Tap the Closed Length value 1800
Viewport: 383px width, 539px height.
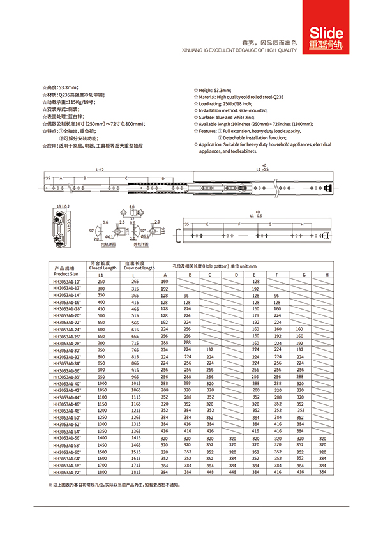102,473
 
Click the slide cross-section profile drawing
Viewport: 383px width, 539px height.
61,227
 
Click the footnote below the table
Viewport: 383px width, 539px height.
115,485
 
